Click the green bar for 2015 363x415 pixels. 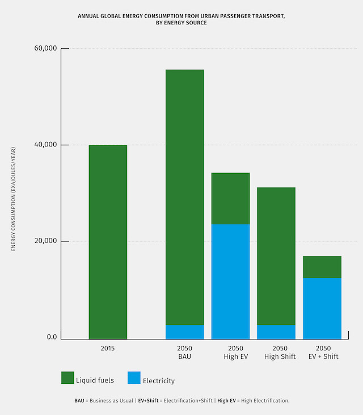[108, 242]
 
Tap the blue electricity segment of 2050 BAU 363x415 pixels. [184, 332]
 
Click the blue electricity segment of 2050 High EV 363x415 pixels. [230, 282]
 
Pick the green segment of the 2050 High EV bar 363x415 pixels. [230, 199]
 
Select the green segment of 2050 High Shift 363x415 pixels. [276, 256]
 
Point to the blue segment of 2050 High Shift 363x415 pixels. [276, 332]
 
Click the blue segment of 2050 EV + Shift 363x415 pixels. [322, 308]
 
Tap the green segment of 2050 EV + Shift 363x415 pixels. [322, 267]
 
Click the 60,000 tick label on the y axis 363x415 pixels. [46, 48]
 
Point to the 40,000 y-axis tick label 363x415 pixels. [46, 145]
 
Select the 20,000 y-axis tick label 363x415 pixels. [46, 241]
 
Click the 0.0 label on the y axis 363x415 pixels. [52, 338]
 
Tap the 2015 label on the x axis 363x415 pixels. [107, 348]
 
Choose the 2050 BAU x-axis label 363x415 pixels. [184, 352]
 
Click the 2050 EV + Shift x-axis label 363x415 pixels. [323, 352]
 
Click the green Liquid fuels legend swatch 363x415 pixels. [67, 378]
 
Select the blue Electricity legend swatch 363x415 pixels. [134, 378]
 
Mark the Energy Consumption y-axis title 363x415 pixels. [14, 199]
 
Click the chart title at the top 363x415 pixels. [181, 19]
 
